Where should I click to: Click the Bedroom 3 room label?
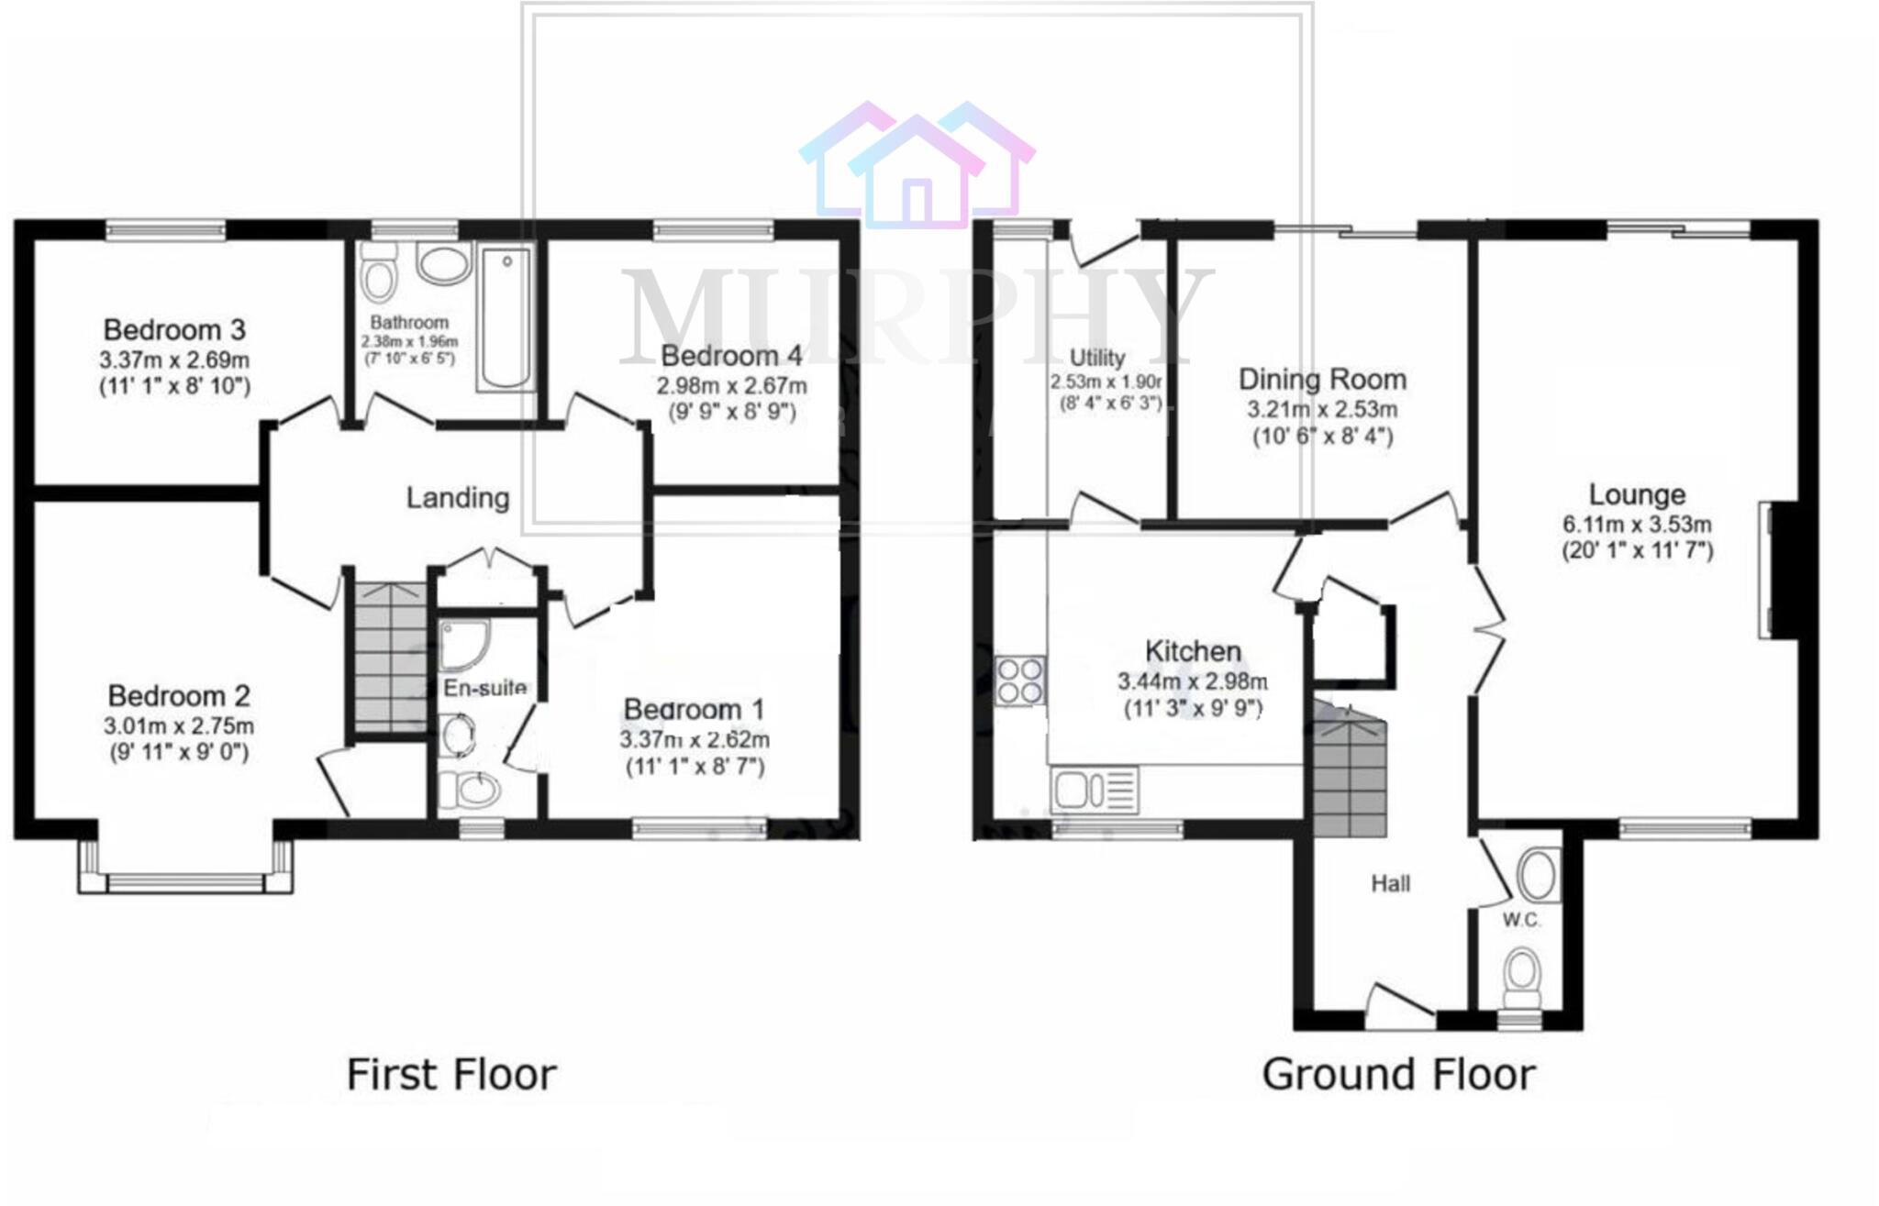point(174,329)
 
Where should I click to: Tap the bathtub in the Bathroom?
point(506,317)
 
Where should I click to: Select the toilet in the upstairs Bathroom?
point(378,272)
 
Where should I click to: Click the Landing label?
point(458,498)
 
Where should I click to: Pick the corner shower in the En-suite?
point(462,642)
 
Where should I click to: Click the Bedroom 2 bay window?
point(186,881)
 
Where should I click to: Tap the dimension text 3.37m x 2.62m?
point(695,739)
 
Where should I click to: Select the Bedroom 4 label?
point(731,355)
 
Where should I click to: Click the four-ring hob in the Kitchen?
point(1020,680)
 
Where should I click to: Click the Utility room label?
point(1097,358)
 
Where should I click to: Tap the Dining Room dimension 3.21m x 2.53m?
point(1322,409)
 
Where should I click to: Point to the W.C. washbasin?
point(1539,874)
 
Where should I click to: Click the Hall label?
point(1390,884)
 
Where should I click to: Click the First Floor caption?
point(451,1075)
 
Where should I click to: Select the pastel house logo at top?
point(917,165)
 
